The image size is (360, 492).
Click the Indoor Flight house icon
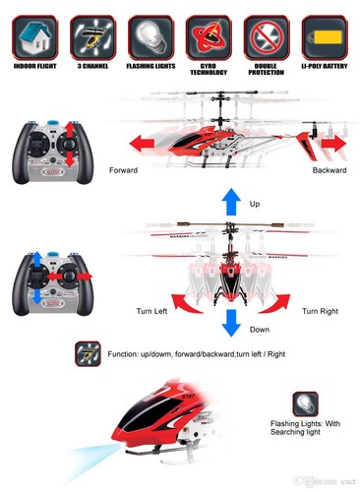[x=34, y=36]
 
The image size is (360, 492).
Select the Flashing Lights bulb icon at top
[x=150, y=36]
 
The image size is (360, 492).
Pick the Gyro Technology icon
[x=208, y=36]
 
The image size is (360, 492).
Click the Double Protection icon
[x=266, y=36]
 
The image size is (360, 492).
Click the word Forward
[x=124, y=169]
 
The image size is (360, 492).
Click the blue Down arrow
[x=230, y=322]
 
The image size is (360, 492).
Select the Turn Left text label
[x=153, y=311]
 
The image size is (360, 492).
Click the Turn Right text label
[x=321, y=311]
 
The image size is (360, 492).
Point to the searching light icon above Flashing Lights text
[x=304, y=404]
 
